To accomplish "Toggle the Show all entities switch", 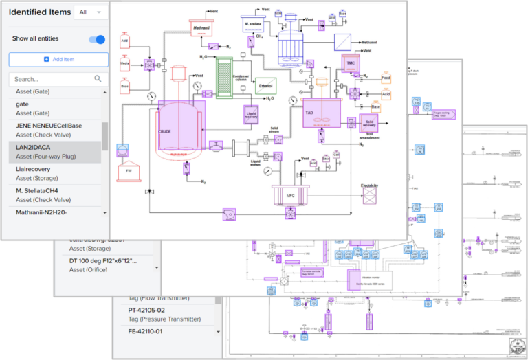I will coord(98,39).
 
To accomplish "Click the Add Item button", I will coord(58,60).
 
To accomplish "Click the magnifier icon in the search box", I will coord(98,79).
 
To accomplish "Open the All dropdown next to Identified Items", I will coord(91,12).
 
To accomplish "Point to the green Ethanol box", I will coord(265,87).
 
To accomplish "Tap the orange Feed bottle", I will coord(386,78).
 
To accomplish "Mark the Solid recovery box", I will coord(370,123).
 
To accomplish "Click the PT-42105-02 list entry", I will coord(165,314).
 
